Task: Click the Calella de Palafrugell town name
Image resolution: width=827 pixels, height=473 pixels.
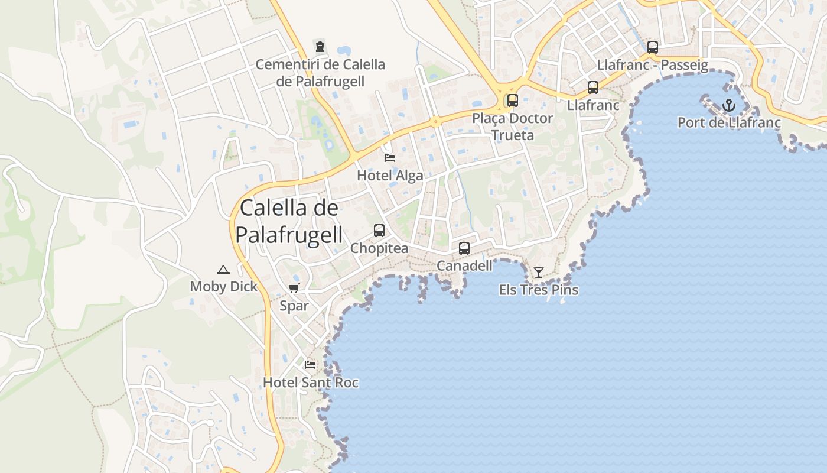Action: pos(289,221)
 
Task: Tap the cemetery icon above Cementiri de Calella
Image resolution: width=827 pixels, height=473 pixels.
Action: pos(320,46)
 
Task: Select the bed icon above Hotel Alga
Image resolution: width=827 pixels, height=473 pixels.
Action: pos(390,157)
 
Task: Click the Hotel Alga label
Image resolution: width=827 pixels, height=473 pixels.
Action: pos(390,176)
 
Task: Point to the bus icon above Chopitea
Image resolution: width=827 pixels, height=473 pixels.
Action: pos(379,231)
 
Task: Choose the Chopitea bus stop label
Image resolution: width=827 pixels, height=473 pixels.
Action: pos(379,248)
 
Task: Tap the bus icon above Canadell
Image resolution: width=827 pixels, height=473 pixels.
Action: pos(464,248)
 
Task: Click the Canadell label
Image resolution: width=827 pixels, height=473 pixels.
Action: pos(464,266)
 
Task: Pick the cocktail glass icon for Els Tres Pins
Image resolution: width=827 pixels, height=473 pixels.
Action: pos(539,273)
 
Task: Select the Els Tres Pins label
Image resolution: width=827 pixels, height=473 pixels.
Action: pos(539,290)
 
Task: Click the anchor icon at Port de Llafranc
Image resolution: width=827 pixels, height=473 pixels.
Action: pos(729,105)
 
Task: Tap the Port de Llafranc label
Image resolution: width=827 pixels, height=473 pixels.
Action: pos(729,123)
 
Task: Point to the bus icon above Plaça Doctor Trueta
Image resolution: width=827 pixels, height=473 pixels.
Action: pos(512,101)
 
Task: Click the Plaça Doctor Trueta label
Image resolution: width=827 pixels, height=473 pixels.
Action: pos(512,127)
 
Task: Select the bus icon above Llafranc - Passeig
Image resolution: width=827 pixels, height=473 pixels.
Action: pos(653,47)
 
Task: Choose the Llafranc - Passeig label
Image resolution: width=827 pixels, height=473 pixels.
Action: pos(653,65)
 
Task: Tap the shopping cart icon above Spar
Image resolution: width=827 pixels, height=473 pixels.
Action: pos(294,288)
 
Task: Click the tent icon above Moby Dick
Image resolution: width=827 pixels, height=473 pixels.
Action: pos(223,270)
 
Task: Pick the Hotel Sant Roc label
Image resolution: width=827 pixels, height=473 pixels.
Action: pos(311,383)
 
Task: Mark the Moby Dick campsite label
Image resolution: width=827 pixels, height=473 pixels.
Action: pos(223,287)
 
